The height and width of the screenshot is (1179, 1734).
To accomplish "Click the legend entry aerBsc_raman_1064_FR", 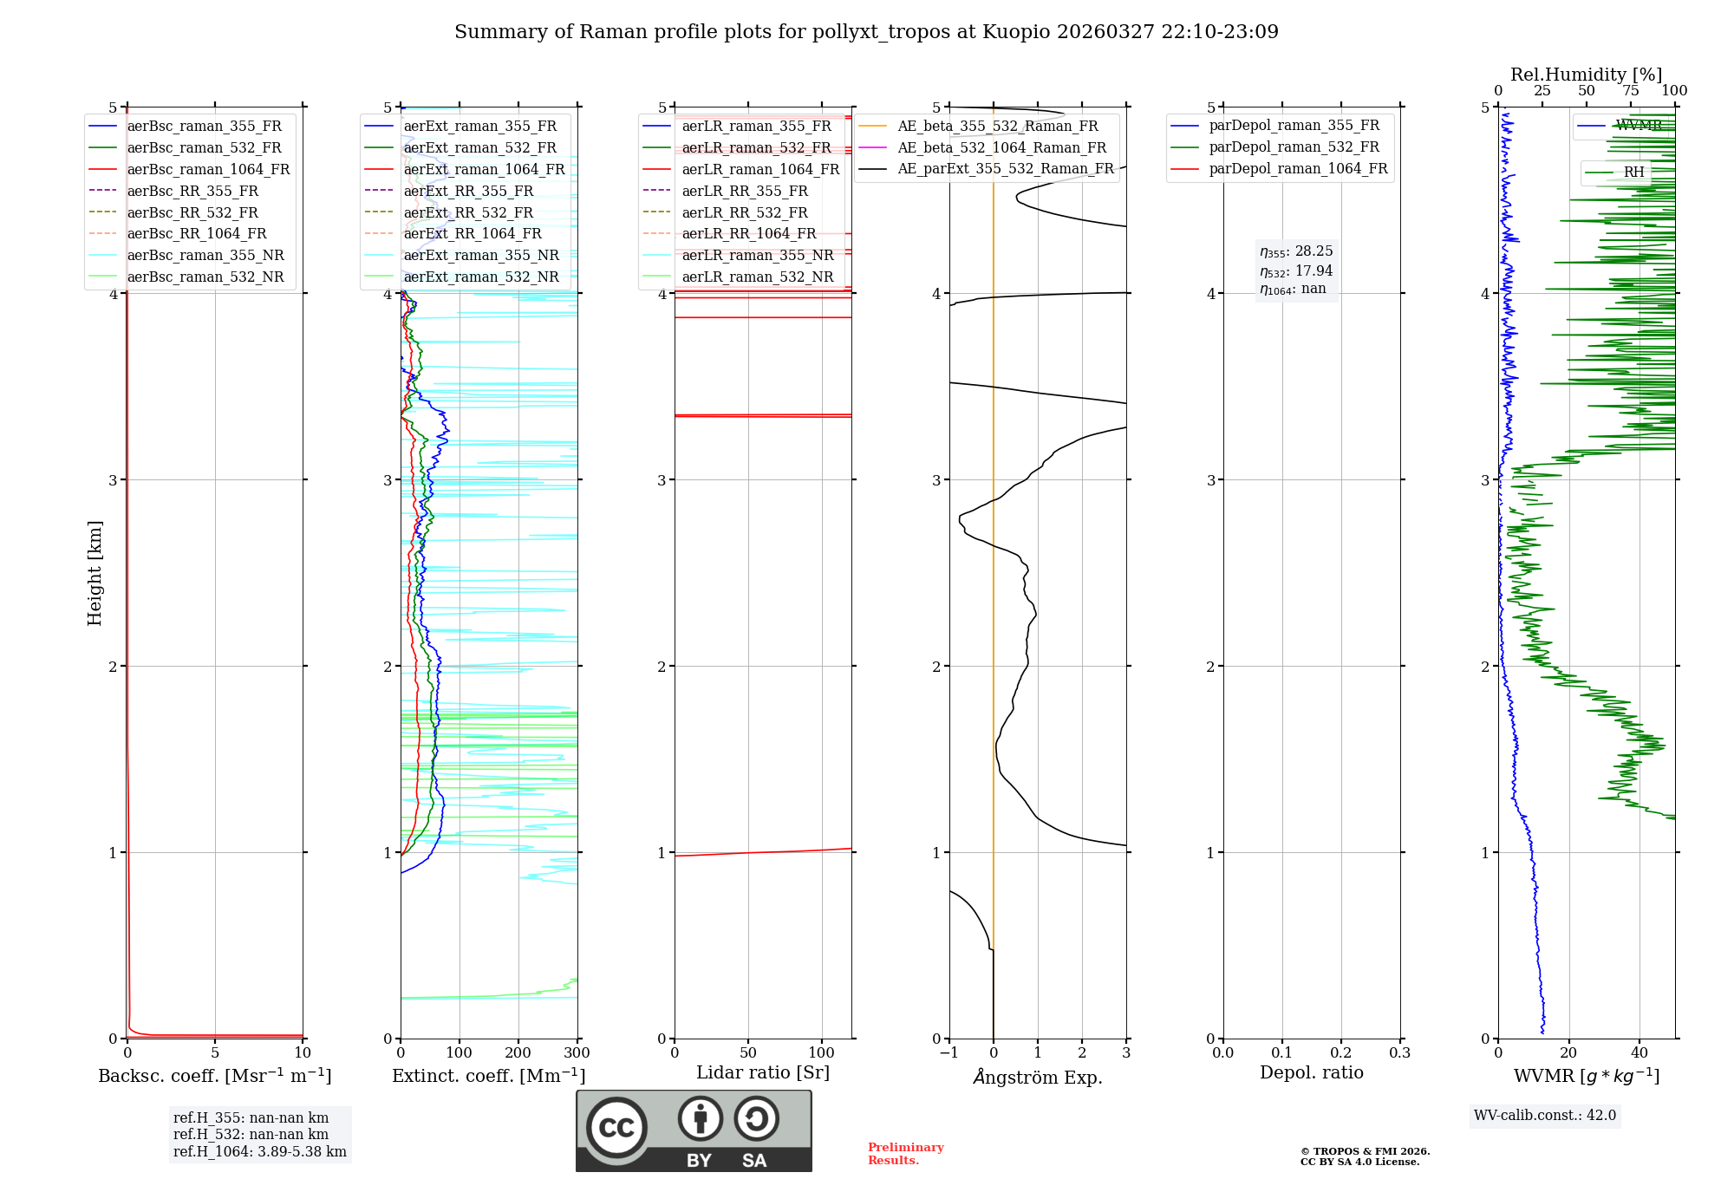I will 208,169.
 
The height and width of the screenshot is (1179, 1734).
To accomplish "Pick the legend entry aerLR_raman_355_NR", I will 757,255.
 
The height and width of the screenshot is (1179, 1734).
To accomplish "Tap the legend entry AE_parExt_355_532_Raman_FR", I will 1005,169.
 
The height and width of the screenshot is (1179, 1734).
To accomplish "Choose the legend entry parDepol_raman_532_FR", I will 1294,147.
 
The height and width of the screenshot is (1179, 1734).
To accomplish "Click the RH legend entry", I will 1633,172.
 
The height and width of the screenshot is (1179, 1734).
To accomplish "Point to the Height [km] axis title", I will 95,573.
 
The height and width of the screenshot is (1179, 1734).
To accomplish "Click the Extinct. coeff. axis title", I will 489,1076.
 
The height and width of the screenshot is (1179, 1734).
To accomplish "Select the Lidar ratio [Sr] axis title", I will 763,1072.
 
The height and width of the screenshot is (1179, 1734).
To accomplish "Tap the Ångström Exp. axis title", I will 1038,1077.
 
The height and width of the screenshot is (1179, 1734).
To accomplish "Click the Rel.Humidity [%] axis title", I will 1586,75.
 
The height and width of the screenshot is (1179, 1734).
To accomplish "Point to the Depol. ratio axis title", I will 1311,1072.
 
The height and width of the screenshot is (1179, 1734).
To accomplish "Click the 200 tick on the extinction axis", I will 518,1053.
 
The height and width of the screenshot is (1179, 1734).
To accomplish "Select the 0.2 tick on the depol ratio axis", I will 1340,1053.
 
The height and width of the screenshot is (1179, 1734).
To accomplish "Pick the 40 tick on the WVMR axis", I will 1639,1053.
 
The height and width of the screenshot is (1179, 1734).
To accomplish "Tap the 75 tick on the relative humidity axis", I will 1631,91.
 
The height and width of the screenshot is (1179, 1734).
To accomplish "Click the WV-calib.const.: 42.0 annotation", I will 1545,1115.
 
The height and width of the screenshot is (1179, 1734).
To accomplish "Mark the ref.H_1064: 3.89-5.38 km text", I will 259,1151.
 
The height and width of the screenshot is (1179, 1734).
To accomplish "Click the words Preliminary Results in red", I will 905,1154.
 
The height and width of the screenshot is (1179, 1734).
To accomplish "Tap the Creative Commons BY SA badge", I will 694,1130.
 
